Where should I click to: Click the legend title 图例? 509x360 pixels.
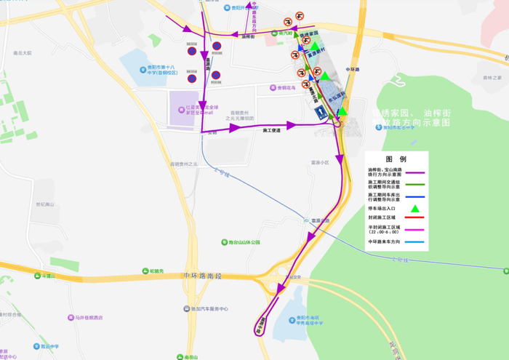[396, 159]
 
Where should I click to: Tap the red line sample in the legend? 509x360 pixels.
[415, 217]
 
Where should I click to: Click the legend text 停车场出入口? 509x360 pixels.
[382, 209]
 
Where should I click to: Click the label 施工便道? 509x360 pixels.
[272, 131]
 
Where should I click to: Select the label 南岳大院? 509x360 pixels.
[23, 54]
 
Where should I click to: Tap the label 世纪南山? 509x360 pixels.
[45, 205]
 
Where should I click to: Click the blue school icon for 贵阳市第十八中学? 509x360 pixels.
[143, 70]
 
